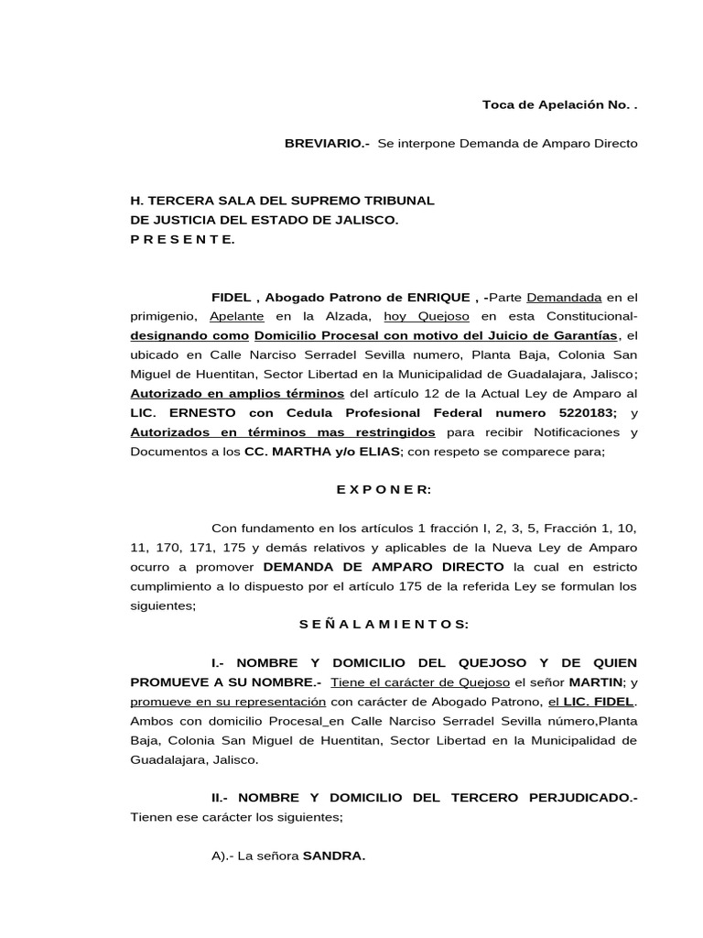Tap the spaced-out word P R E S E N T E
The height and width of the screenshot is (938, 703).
click(x=182, y=239)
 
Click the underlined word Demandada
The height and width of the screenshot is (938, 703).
click(x=565, y=298)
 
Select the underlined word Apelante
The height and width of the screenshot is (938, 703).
click(x=237, y=316)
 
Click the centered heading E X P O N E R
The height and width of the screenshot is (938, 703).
click(x=383, y=490)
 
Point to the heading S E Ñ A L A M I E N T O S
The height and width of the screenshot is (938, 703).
click(x=384, y=624)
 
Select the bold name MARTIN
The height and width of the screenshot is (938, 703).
click(x=591, y=682)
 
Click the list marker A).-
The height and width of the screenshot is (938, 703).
click(x=222, y=856)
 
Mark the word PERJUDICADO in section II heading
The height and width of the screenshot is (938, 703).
click(x=582, y=798)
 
